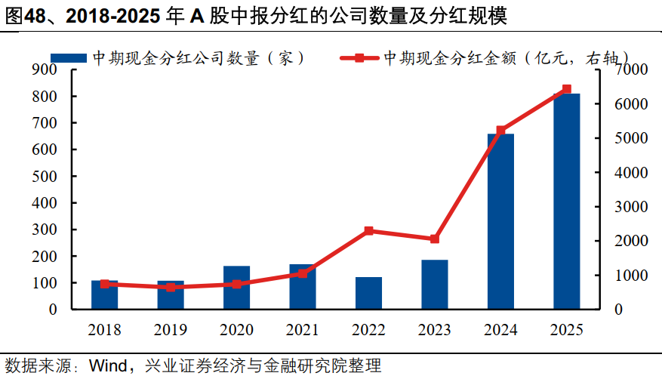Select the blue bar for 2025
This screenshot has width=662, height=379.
pos(566,202)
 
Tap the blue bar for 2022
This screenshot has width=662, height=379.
pos(368,293)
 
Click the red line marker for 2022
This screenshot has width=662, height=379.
pos(368,231)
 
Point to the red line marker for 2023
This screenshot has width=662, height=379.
pos(435,239)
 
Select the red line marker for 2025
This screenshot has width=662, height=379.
pos(567,89)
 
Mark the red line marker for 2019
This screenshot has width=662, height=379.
pos(171,288)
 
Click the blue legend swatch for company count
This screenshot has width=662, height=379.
pos(69,58)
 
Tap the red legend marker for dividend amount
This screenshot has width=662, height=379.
pos(359,58)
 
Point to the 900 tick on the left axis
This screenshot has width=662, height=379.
pos(45,70)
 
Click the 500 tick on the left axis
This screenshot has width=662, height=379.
pos(45,177)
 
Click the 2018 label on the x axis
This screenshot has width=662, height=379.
pos(104,330)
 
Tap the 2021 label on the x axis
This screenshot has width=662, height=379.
pos(303,330)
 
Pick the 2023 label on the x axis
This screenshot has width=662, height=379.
pos(435,330)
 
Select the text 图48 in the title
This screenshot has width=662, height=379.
pos(25,17)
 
